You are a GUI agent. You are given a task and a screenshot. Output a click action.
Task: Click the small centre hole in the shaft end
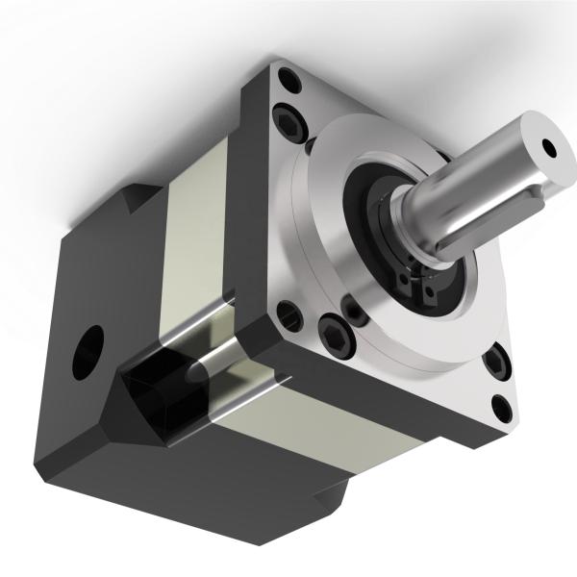coord(550,147)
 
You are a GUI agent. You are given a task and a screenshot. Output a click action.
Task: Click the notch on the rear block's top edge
coord(135,197)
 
